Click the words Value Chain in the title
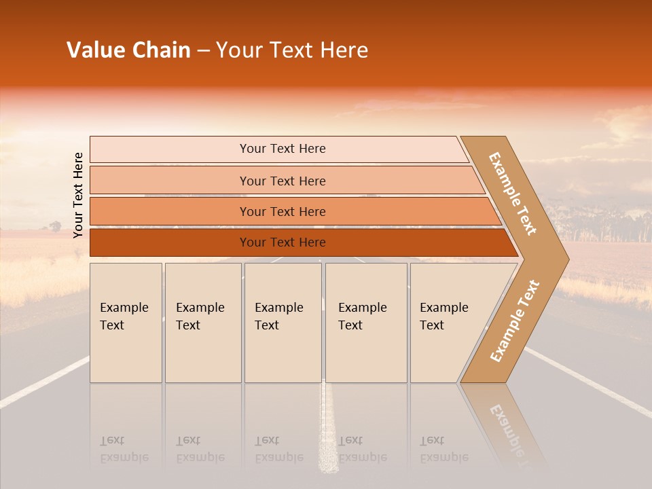[128, 50]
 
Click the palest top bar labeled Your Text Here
[282, 149]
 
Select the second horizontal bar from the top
[282, 181]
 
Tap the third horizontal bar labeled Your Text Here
[282, 211]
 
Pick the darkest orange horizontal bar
[282, 242]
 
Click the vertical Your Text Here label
[78, 195]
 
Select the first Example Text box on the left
[126, 322]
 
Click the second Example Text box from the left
[202, 322]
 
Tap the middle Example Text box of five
[282, 322]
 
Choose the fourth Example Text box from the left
[365, 322]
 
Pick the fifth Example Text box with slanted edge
[445, 322]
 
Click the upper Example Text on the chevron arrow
[513, 194]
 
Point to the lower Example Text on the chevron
[514, 321]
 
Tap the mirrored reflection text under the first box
[124, 450]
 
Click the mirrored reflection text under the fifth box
[443, 450]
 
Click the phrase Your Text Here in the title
[292, 50]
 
